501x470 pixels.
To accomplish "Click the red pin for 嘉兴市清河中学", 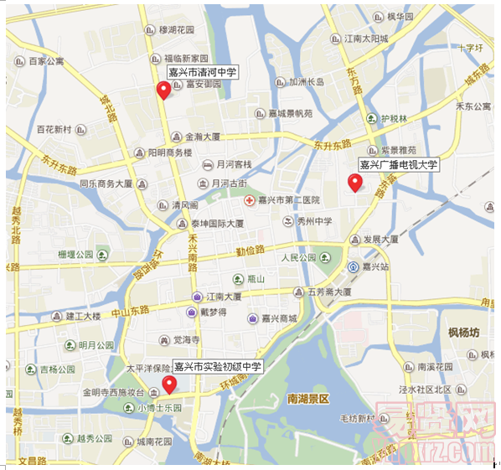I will coord(163,91).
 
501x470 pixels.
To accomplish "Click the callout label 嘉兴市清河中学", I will coord(202,73).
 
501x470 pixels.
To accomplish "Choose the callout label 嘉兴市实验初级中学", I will coord(217,367).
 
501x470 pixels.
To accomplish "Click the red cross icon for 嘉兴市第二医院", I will coord(249,200).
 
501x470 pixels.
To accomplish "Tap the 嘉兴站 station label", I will coord(378,266).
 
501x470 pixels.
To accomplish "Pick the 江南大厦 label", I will coord(224,296).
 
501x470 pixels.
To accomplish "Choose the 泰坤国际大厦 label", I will coord(217,224).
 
